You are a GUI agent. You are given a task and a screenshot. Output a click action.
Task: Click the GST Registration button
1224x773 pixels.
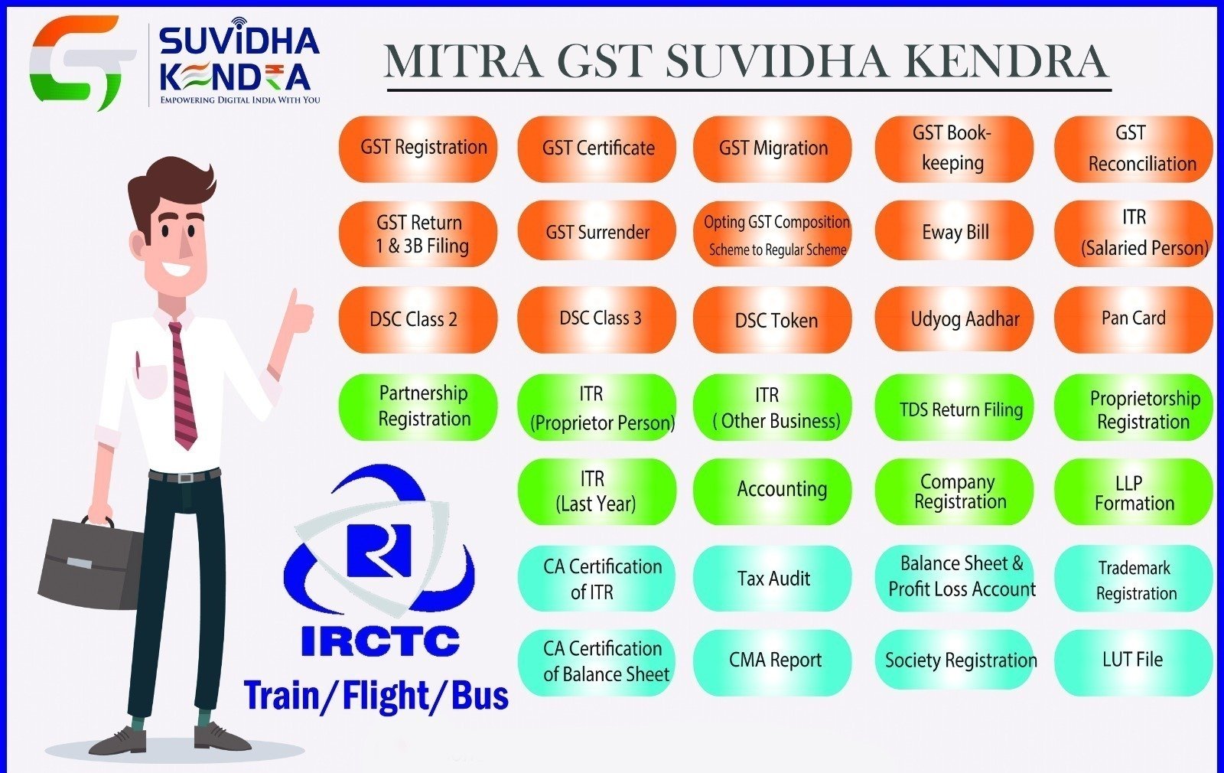click(418, 148)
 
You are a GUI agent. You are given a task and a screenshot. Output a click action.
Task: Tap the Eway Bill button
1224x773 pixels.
click(954, 232)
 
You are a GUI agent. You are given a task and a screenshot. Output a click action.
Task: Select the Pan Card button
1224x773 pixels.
click(1133, 319)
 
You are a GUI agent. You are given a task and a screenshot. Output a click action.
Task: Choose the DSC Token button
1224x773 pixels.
click(772, 320)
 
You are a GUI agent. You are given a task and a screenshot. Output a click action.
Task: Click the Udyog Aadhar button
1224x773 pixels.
click(954, 318)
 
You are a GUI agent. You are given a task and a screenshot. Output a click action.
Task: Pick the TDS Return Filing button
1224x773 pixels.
click(954, 408)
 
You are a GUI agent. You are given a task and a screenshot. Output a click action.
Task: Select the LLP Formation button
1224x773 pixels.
click(1133, 492)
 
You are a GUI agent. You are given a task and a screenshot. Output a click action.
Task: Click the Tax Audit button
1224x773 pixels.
click(772, 578)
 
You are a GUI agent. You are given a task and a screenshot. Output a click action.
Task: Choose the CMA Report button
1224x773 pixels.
click(772, 662)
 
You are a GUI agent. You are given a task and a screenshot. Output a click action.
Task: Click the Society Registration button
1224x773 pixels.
click(954, 660)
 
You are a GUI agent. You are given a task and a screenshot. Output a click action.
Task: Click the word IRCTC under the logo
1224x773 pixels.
click(380, 641)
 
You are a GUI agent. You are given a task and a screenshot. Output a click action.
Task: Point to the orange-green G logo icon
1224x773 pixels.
click(82, 62)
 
